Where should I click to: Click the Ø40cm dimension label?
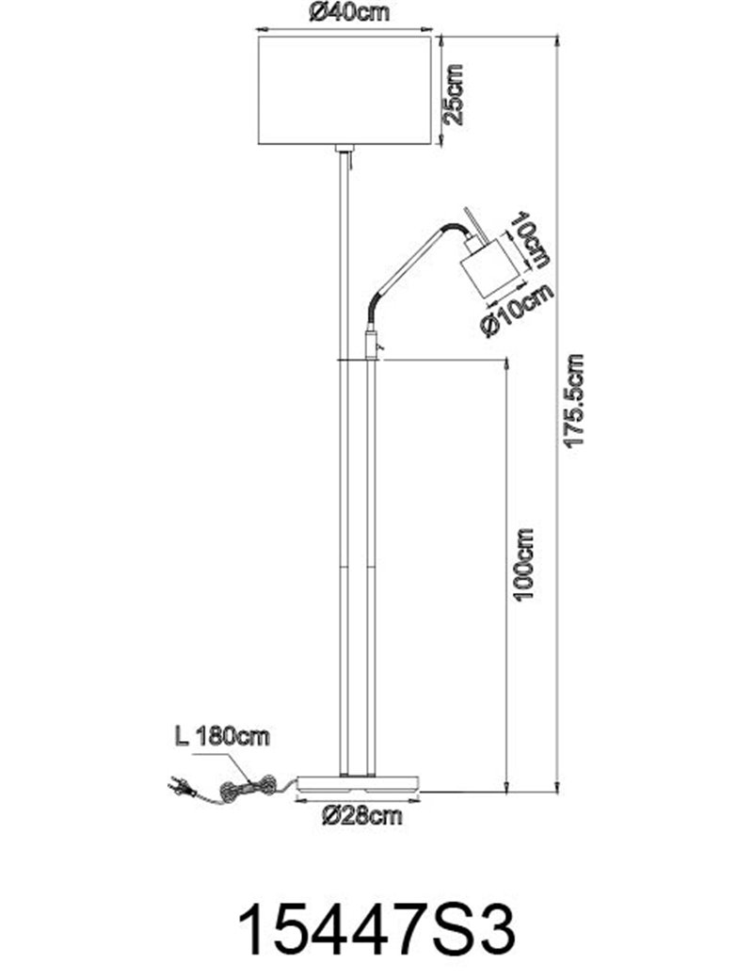tap(348, 12)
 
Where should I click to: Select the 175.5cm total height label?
tap(574, 400)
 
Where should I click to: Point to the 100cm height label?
tap(523, 565)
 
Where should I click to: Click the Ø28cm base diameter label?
tap(362, 815)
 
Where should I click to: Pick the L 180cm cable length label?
tap(221, 737)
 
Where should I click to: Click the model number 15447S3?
tap(377, 929)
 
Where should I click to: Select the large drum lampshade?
tap(344, 90)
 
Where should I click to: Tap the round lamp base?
tap(359, 783)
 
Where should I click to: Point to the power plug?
tap(181, 788)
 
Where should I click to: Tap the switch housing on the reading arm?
tap(372, 345)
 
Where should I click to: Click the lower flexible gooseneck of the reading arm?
tap(372, 310)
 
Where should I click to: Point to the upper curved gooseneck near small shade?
tap(455, 229)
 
